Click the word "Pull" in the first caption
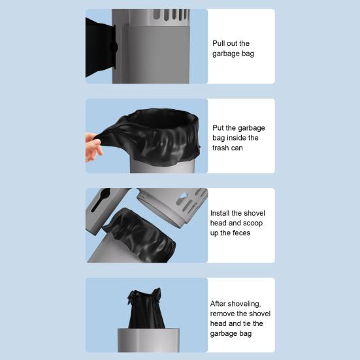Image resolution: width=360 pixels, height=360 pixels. (x=218, y=43)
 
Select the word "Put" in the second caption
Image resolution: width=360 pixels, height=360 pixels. (x=218, y=128)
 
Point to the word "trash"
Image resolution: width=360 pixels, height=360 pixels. (x=220, y=148)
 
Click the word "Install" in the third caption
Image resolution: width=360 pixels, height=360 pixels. (x=220, y=213)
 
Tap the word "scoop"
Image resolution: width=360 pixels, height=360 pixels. (x=253, y=223)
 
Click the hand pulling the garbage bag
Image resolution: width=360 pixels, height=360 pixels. (x=93, y=147)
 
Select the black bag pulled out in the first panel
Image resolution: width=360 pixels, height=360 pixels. (x=101, y=48)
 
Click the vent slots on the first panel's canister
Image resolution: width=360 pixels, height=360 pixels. (x=171, y=14)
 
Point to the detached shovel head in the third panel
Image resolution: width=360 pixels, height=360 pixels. (x=172, y=206)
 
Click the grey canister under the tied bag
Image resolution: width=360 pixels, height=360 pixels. (x=148, y=340)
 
